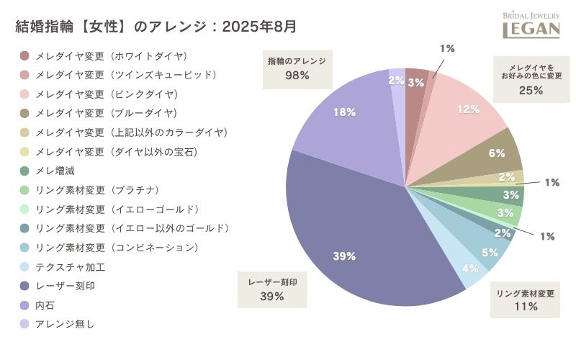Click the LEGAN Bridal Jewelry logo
point(531,24)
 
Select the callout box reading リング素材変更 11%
point(526,300)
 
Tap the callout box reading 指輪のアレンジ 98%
point(297,68)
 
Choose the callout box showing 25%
point(531,77)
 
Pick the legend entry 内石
point(45,305)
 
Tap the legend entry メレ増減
point(55,171)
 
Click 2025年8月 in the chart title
point(259,27)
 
